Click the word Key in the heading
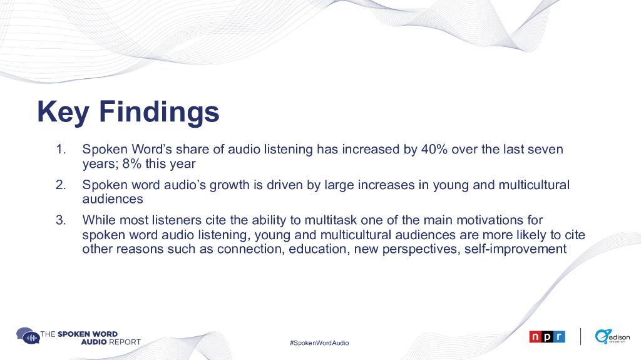coord(63,112)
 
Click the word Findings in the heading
coord(160,112)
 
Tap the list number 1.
coord(61,149)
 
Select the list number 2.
coord(61,185)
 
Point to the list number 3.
coord(61,220)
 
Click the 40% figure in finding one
coord(434,149)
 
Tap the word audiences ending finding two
coord(113,199)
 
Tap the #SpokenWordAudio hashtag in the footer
coord(319,343)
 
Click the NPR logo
coord(547,337)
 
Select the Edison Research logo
coord(612,336)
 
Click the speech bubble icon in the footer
coord(28,336)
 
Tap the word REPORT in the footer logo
coord(125,342)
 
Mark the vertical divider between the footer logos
coord(580,336)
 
